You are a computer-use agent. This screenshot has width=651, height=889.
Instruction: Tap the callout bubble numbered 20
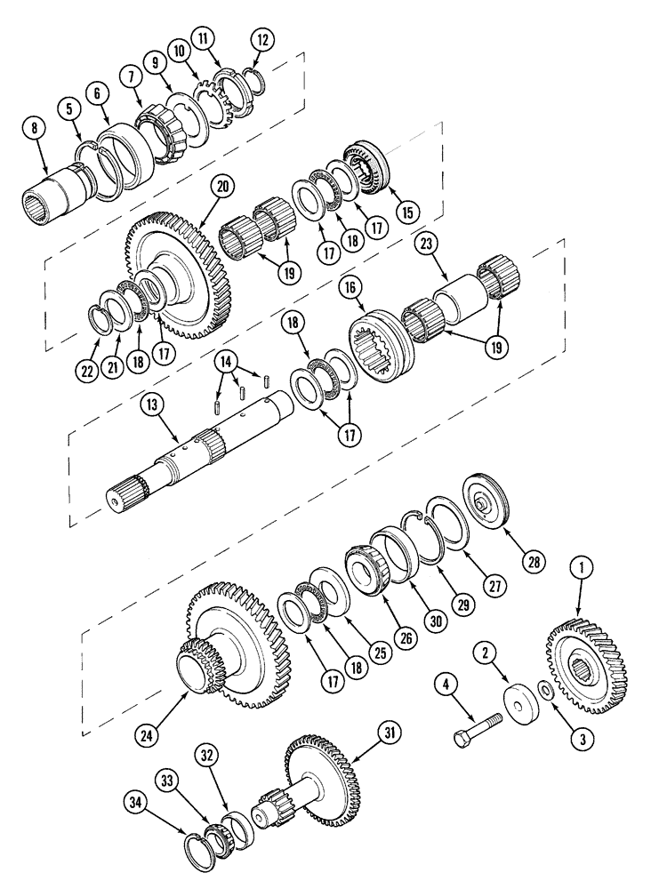(x=222, y=187)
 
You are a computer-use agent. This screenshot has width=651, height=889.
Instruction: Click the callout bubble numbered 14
(x=229, y=361)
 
